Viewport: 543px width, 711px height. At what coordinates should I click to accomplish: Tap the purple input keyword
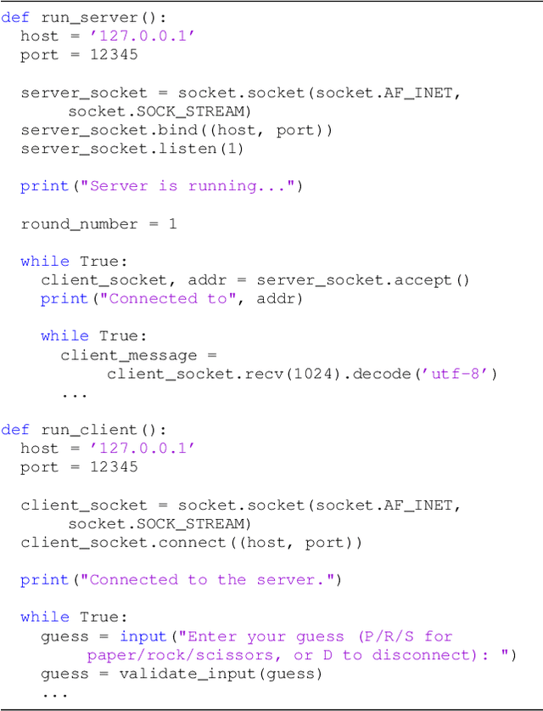point(143,637)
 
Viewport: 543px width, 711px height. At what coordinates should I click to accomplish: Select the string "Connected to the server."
point(211,580)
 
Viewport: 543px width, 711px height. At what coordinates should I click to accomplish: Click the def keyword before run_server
point(15,17)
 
